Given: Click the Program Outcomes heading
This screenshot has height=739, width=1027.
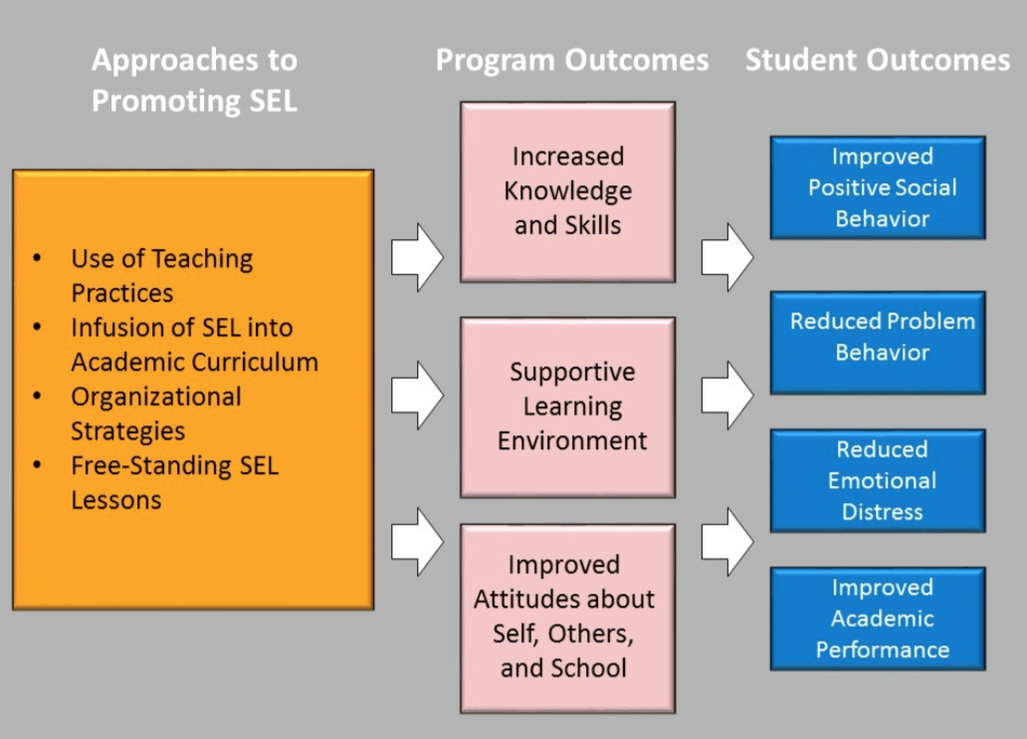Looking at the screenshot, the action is pos(572,61).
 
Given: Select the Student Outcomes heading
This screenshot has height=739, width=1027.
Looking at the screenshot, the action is pos(878,61).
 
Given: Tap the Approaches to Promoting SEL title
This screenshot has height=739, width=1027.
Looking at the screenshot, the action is pos(194,80).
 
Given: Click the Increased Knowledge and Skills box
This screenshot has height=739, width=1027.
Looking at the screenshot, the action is pos(568,192).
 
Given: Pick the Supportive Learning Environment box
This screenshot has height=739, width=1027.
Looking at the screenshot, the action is pos(568,407).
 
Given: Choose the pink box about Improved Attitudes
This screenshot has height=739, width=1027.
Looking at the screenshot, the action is pos(568,617).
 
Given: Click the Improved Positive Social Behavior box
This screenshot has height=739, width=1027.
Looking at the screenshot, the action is pos(878,187).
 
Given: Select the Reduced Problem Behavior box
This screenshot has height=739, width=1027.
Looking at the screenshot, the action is pos(878,343).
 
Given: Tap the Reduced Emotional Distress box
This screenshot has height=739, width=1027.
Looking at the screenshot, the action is pos(878,481).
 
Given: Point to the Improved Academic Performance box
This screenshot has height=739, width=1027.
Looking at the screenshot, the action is pos(878,618).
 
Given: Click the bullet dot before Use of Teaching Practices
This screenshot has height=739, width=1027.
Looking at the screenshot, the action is pos(38,258).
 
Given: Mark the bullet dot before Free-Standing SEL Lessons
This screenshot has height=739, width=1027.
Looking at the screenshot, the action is pos(38,465).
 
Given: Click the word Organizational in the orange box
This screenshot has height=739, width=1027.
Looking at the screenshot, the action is pos(156,397).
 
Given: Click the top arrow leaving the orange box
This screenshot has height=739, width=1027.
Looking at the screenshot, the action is pos(417,257).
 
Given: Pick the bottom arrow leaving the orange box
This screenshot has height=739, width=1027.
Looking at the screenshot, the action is pos(417,542).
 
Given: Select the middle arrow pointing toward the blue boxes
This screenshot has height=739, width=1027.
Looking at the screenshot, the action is pos(727,395).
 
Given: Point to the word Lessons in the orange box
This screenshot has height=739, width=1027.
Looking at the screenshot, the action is pos(115,500).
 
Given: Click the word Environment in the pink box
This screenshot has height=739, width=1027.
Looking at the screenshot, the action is pos(572,440).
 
